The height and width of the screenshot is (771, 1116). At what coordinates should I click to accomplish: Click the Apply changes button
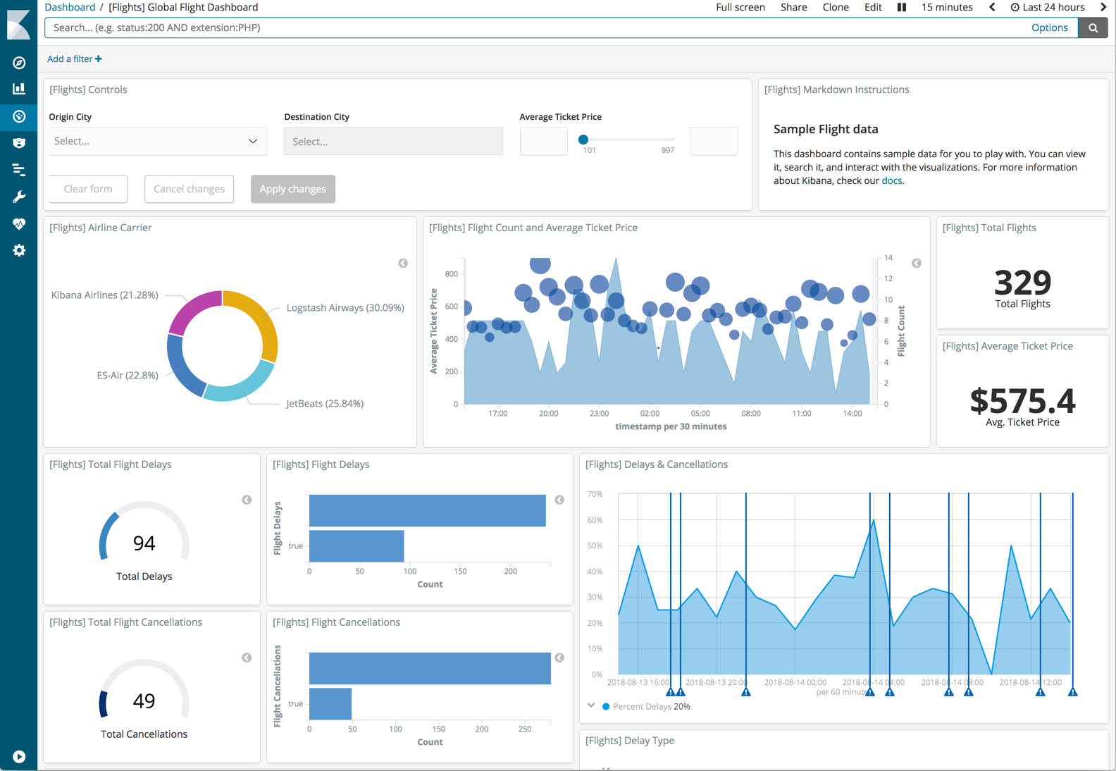[292, 189]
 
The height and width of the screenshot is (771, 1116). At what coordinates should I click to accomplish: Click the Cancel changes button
[189, 189]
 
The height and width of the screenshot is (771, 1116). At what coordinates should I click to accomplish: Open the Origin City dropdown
[157, 141]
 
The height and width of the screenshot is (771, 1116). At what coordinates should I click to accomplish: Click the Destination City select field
[393, 141]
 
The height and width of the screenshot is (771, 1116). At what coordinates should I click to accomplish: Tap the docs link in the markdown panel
[891, 181]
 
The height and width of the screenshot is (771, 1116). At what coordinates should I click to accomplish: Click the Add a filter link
[74, 59]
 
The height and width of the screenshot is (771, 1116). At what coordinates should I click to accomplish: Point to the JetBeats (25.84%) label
[325, 404]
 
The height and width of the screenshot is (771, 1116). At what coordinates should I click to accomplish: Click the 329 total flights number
[1022, 282]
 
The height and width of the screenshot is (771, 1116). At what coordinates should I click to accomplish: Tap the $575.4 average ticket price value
[1022, 400]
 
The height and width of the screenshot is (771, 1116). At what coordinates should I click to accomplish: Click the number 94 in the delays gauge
[144, 543]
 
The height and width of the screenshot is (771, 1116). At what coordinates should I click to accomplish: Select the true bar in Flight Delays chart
[356, 546]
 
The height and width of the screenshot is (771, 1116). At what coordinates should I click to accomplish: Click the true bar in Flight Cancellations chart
[330, 703]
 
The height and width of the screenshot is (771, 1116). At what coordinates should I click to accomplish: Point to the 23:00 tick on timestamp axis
[599, 414]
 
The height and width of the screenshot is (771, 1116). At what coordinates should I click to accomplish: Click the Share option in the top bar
[793, 7]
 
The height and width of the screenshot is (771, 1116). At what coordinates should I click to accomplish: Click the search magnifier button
[1093, 27]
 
